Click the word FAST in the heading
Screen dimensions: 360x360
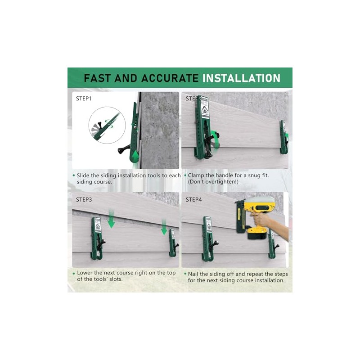click(97, 78)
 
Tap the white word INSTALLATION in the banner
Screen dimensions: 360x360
click(241, 78)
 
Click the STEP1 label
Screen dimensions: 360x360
click(84, 98)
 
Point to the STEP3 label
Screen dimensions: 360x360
click(84, 199)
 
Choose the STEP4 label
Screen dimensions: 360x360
click(193, 199)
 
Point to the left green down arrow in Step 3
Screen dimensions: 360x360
click(112, 220)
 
